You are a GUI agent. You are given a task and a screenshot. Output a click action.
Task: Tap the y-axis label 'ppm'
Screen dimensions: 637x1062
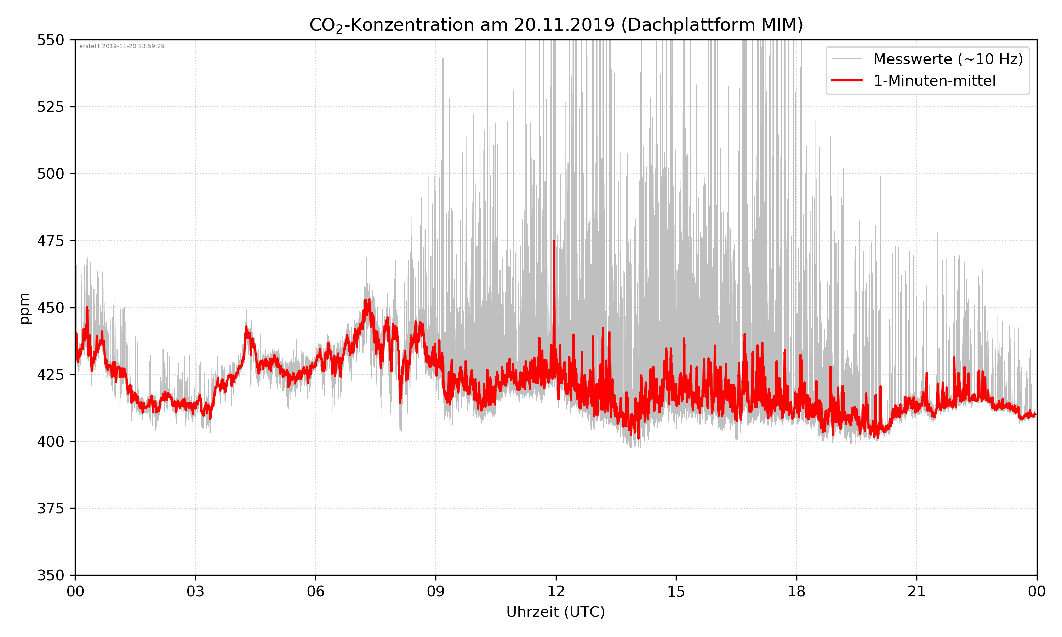[x=24, y=308]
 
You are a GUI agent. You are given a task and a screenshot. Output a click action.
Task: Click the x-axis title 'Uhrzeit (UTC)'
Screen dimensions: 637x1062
[x=555, y=612]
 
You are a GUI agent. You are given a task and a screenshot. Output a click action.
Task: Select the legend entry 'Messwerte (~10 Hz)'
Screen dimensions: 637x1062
[x=948, y=59]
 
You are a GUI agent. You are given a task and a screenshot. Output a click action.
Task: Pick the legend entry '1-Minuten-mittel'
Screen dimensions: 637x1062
[x=934, y=81]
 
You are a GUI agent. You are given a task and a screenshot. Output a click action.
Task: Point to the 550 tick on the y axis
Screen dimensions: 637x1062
[x=50, y=40]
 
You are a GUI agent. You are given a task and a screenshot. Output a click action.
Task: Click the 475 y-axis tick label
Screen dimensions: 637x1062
[x=50, y=241]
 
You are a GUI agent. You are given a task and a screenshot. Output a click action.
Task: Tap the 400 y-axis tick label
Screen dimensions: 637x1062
[x=50, y=442]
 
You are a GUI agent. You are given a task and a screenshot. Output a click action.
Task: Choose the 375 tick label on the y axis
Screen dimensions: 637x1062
[x=50, y=509]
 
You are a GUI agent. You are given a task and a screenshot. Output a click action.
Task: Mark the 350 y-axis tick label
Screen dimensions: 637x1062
[x=50, y=576]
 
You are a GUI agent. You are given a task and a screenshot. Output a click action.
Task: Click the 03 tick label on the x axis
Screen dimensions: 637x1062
[x=195, y=591]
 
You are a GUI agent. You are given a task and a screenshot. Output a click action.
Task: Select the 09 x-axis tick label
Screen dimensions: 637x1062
[x=436, y=591]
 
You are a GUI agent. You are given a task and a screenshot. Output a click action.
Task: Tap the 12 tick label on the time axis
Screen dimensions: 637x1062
[x=556, y=591]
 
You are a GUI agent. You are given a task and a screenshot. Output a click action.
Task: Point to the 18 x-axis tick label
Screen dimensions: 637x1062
[x=796, y=591]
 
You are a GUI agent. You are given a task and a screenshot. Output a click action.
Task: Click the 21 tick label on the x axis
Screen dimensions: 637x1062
[x=917, y=591]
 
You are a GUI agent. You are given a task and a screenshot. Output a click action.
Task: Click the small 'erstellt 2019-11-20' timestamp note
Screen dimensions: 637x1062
[x=122, y=46]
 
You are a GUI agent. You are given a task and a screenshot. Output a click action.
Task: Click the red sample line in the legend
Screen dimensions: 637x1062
[x=846, y=80]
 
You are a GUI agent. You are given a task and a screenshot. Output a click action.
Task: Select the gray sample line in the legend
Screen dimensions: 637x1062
[x=846, y=59]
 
